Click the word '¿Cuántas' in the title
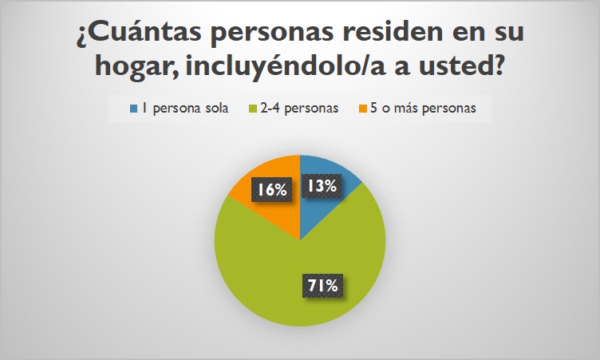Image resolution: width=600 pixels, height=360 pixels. tap(136, 36)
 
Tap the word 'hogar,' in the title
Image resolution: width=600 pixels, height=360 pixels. tap(135, 69)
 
